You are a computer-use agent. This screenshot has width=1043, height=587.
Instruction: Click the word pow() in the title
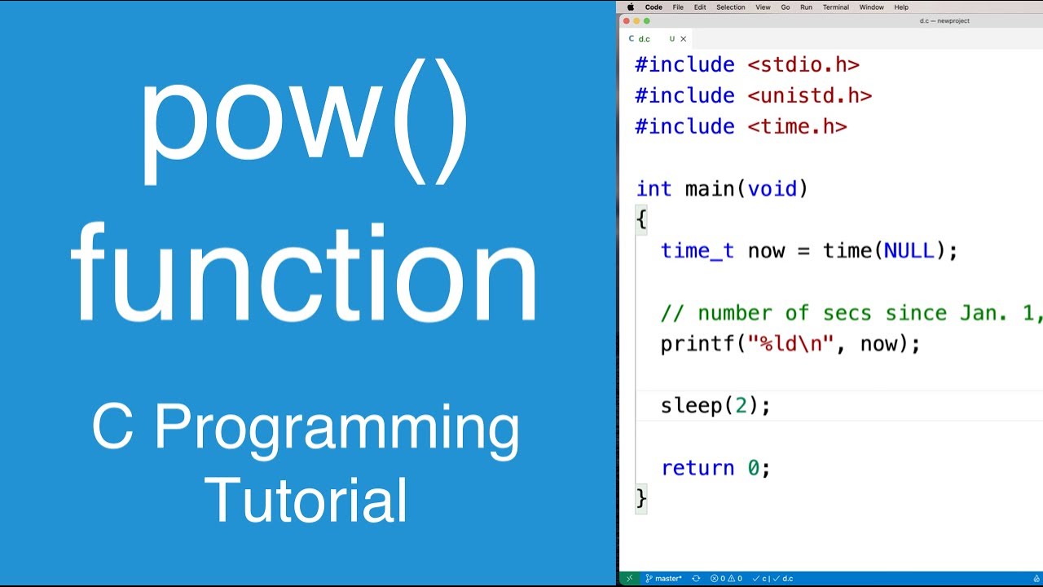305,122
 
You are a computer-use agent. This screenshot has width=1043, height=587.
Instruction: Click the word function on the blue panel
305,273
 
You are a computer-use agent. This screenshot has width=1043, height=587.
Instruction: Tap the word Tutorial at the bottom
306,500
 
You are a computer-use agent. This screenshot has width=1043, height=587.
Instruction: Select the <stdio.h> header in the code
803,64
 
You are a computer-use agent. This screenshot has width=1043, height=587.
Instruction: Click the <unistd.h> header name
809,95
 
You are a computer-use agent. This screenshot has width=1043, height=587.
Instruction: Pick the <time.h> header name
797,126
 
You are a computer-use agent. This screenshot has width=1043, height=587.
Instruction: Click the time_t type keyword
697,251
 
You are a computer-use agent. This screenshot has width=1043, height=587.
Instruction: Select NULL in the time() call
909,251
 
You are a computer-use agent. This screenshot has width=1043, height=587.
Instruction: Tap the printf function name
698,344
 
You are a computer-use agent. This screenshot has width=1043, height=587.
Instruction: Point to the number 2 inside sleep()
741,405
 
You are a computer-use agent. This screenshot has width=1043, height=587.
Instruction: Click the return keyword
698,468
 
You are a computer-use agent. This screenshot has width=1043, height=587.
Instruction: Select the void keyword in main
772,189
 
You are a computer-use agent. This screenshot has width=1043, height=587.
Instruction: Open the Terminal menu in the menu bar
835,7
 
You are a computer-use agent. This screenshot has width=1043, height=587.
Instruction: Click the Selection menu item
730,7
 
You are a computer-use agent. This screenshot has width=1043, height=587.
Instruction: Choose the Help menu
901,7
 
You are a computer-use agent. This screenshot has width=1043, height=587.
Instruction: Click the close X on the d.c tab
683,38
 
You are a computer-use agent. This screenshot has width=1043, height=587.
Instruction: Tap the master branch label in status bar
668,579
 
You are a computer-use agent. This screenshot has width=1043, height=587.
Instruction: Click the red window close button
627,21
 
